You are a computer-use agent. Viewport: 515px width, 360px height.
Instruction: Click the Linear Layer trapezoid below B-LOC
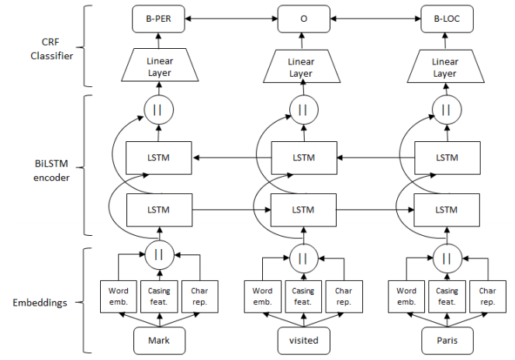pos(445,67)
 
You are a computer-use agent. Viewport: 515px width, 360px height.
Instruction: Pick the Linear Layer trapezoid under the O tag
pos(301,67)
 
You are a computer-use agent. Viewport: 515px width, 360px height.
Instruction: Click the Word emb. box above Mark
pos(118,296)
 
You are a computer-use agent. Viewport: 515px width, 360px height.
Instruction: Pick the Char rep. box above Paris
pos(487,296)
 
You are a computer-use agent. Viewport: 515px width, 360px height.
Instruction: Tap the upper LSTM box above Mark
pos(159,158)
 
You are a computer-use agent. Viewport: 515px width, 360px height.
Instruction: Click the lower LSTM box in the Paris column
pos(446,210)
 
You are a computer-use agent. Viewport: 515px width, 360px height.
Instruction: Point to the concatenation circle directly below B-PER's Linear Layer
pos(159,110)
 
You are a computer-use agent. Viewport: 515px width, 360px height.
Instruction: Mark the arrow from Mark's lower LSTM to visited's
pos(231,210)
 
